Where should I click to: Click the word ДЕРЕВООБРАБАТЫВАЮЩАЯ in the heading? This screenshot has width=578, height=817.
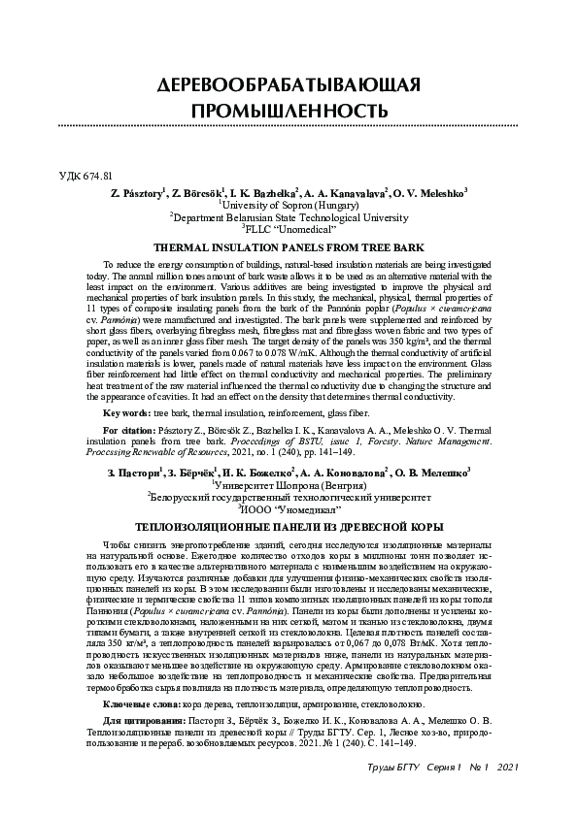click(289, 84)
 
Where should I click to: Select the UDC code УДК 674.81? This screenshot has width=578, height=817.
click(86, 176)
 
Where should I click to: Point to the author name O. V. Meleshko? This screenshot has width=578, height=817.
click(428, 193)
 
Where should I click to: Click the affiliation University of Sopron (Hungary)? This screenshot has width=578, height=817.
click(289, 206)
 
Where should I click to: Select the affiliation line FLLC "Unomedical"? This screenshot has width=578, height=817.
click(289, 230)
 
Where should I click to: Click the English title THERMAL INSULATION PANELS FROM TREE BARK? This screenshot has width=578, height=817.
click(289, 248)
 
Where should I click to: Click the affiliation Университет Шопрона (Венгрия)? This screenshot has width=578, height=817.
click(289, 484)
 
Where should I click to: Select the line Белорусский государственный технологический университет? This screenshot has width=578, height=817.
click(289, 496)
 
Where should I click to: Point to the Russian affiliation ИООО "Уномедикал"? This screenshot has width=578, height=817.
click(289, 508)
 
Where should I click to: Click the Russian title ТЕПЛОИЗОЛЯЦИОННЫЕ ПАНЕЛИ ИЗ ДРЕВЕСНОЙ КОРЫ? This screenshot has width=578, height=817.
click(289, 526)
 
